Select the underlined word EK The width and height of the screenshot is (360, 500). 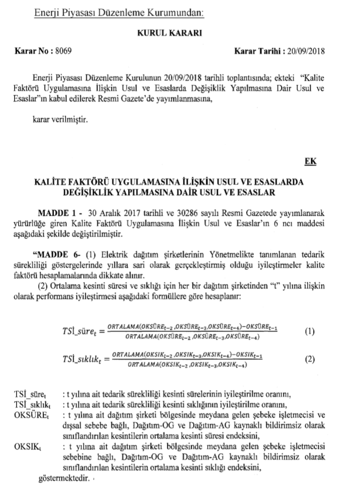click(310, 161)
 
